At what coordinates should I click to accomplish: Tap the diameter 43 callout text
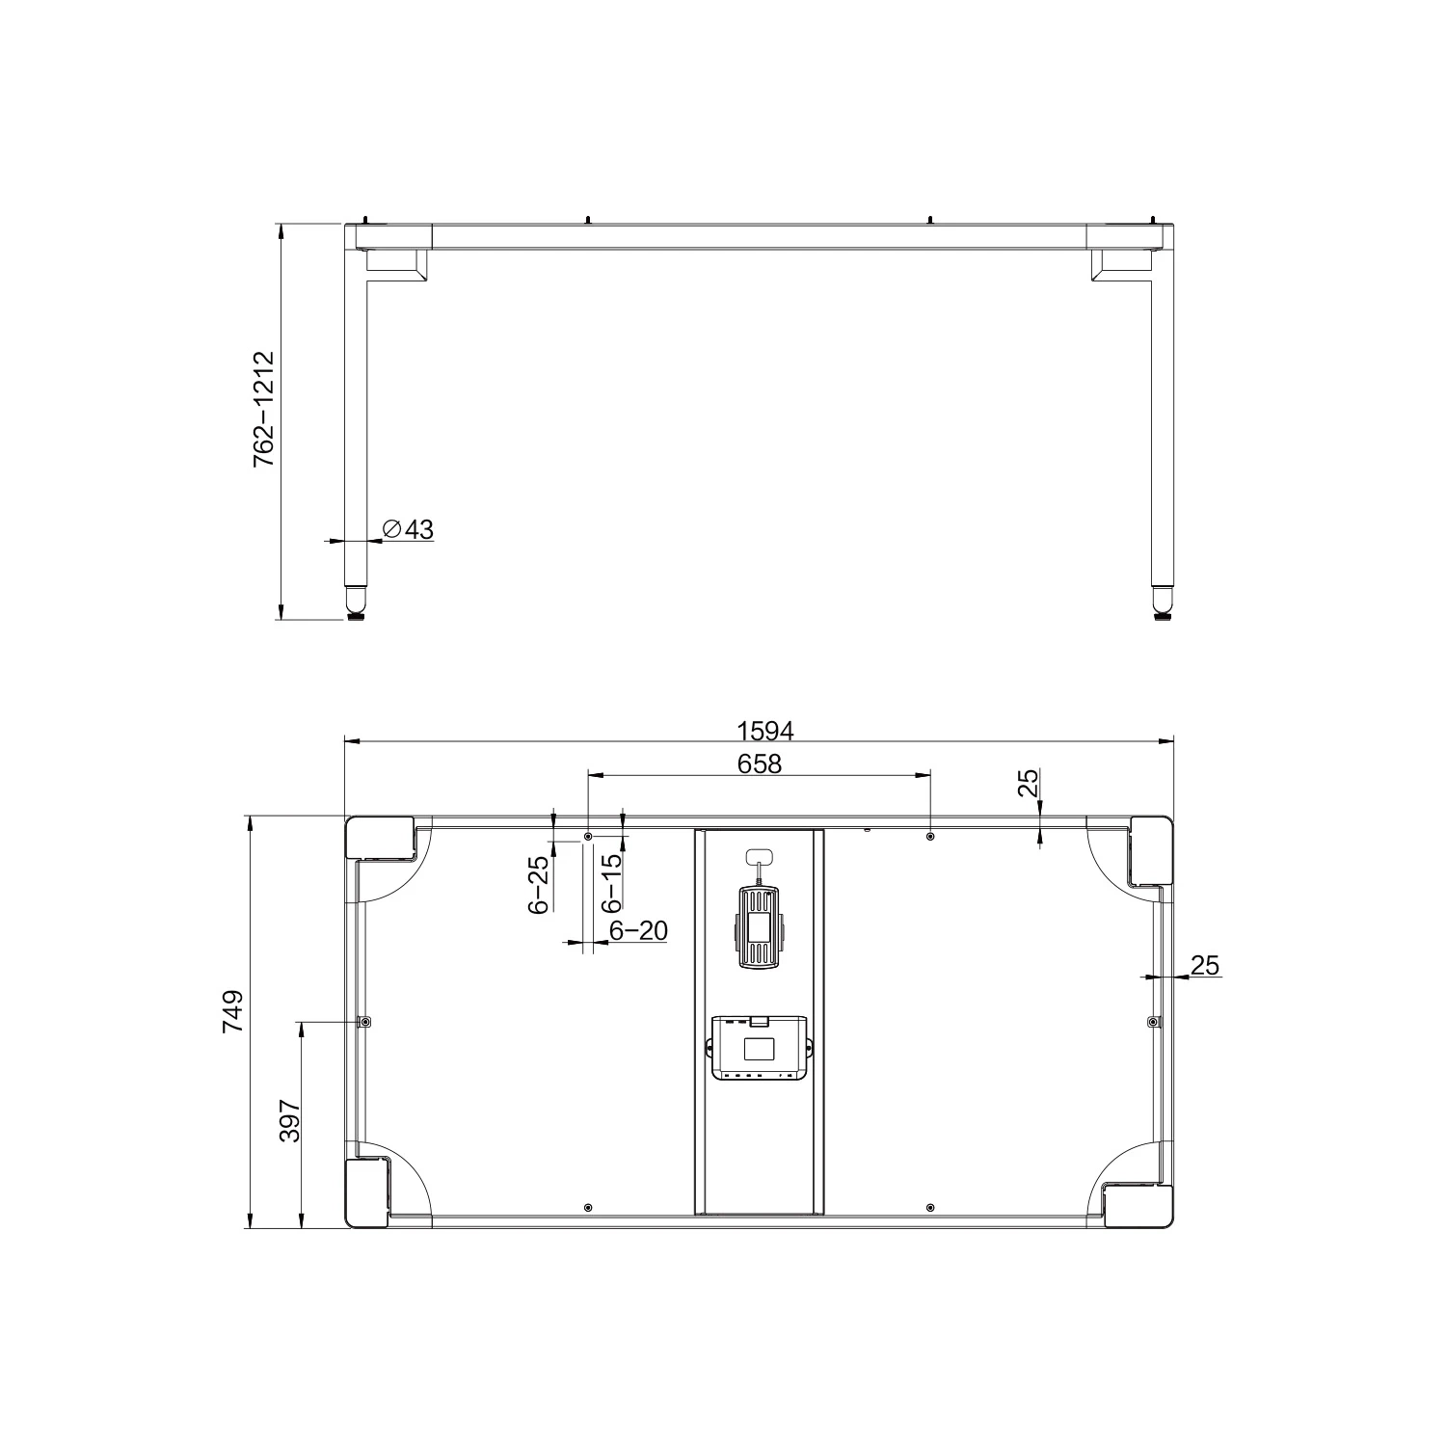pyautogui.click(x=409, y=529)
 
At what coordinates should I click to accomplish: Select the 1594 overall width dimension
pyautogui.click(x=764, y=731)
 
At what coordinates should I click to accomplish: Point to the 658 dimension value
pyautogui.click(x=759, y=763)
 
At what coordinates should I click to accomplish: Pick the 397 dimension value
pyautogui.click(x=290, y=1121)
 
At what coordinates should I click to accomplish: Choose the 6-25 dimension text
pyautogui.click(x=539, y=884)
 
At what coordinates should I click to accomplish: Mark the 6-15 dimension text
pyautogui.click(x=611, y=884)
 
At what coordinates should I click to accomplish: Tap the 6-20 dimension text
pyautogui.click(x=638, y=930)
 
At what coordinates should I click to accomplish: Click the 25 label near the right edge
pyautogui.click(x=1206, y=964)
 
